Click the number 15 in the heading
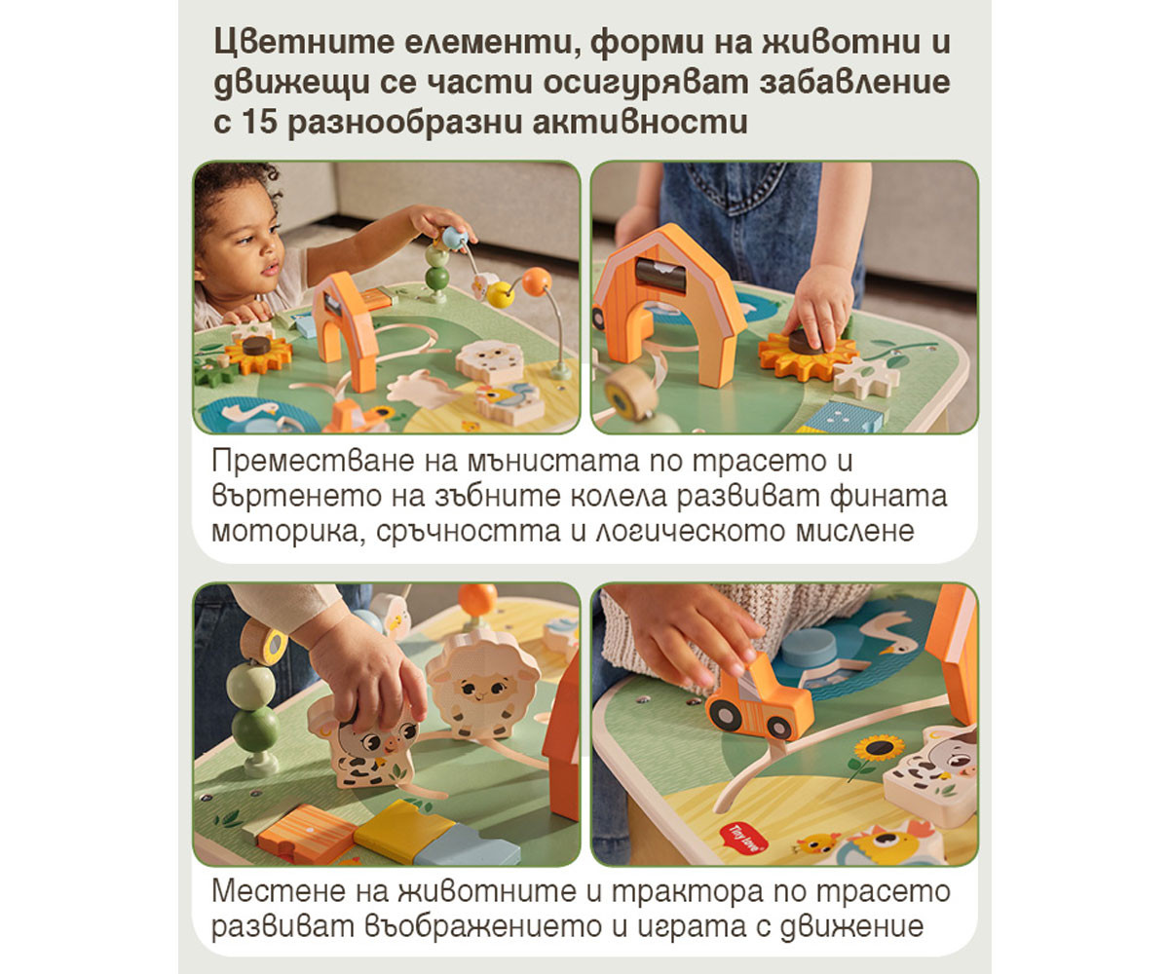coord(259,122)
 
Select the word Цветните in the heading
coord(304,44)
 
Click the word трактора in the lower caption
coord(687,891)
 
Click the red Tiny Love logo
coord(742,838)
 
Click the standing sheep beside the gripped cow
coord(482,684)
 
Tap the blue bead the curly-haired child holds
coord(454,239)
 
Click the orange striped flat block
coord(306,834)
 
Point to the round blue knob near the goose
coord(809,649)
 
